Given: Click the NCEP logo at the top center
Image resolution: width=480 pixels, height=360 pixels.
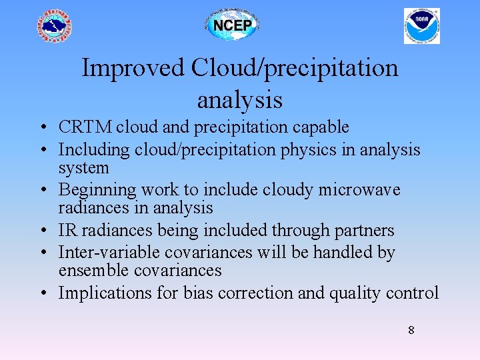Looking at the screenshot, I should point(231,26).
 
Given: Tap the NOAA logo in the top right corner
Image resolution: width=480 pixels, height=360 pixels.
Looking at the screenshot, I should point(421,26).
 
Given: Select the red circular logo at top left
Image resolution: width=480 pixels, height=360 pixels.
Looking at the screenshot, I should point(54,27).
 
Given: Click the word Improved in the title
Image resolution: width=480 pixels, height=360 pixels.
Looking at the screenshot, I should point(132,68).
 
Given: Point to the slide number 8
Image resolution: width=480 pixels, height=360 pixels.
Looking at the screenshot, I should point(411,329).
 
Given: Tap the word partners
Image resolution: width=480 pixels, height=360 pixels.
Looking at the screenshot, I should point(367,231).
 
